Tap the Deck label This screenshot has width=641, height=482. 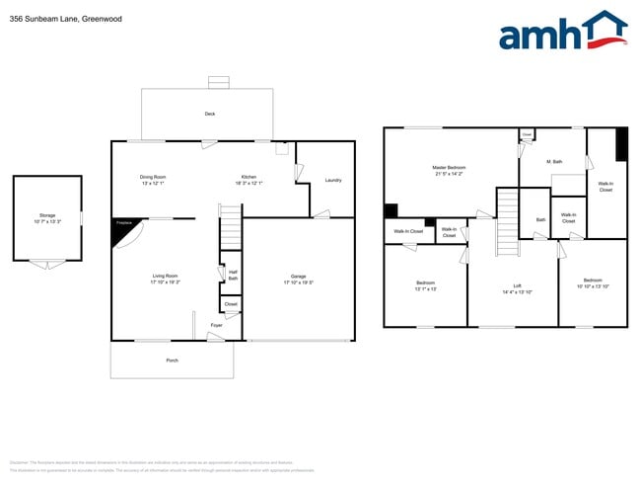click(209, 114)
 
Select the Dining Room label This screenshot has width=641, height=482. click(152, 177)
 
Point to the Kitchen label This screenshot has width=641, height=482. click(249, 177)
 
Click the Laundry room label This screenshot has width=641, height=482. click(332, 180)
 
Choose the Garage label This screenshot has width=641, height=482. click(297, 276)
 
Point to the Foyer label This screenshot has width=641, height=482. click(215, 325)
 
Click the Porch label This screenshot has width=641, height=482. click(172, 361)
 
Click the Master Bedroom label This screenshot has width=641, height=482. click(449, 167)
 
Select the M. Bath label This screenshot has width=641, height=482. click(554, 161)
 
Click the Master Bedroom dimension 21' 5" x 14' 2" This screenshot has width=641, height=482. click(449, 174)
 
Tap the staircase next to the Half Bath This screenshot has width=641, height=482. click(230, 228)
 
